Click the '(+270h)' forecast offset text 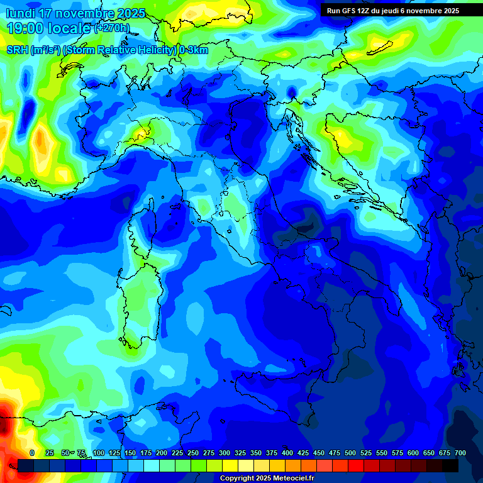[x=113, y=28]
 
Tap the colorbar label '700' [x=460, y=453]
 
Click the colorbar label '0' [x=32, y=453]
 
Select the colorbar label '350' [x=256, y=453]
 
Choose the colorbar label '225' [x=177, y=453]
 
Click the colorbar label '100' [x=99, y=453]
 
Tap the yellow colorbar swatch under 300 [x=230, y=465]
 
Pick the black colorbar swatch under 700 [x=450, y=465]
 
